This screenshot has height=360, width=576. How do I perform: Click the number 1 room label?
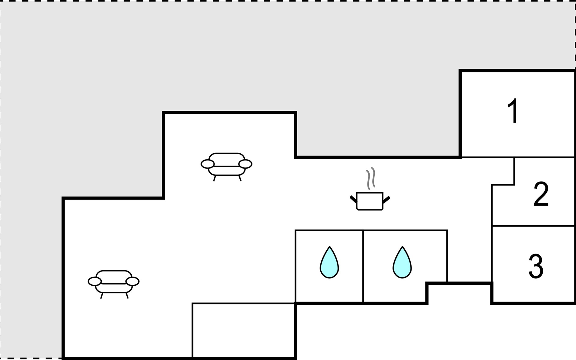(513, 111)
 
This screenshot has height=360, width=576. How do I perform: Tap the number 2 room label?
(541, 194)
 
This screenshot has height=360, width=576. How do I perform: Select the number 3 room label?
(536, 266)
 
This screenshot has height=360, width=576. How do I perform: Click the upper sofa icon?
(226, 165)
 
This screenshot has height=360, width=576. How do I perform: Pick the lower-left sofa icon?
(113, 282)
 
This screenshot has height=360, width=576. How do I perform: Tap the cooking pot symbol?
(370, 201)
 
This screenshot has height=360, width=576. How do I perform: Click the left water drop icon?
(329, 263)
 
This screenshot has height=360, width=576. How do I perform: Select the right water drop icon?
(402, 263)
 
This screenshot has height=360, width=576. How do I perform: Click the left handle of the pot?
(353, 199)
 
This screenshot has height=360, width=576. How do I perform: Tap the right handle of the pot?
(386, 199)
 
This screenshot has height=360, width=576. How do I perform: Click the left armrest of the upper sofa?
(208, 164)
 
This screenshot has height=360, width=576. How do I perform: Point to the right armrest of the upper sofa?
(245, 164)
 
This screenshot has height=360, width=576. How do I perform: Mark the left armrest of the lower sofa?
(95, 281)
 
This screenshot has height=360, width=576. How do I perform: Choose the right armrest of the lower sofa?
(133, 281)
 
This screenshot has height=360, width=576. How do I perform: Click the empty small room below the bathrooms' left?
(243, 330)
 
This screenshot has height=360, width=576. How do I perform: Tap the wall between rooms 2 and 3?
(533, 226)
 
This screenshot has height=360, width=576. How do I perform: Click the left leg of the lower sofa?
(102, 296)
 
